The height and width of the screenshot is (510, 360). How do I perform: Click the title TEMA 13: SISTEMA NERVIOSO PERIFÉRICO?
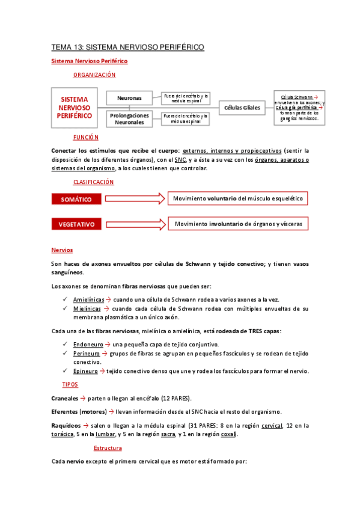point(127,47)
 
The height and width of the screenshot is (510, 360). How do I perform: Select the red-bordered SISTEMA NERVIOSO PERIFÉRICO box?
point(75,107)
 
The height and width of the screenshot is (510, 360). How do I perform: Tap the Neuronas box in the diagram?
point(129,97)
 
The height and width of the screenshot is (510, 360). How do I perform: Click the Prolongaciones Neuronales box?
point(129,118)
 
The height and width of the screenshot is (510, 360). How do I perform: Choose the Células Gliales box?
point(242,108)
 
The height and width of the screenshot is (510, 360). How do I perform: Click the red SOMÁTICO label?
point(76,199)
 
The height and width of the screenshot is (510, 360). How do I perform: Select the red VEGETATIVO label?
point(76,224)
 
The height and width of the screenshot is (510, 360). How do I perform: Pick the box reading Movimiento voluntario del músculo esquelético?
point(237,198)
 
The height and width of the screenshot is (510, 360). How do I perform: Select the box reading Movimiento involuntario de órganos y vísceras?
point(239,224)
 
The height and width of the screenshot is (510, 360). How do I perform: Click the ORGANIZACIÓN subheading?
point(94,75)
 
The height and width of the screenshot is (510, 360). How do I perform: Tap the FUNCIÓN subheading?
point(85,137)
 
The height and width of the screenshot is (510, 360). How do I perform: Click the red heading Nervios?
point(62,250)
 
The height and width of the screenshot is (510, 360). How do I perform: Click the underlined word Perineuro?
point(87,354)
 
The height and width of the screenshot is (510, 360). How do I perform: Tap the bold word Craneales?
point(65,399)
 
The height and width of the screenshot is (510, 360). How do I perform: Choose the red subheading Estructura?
point(108,448)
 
